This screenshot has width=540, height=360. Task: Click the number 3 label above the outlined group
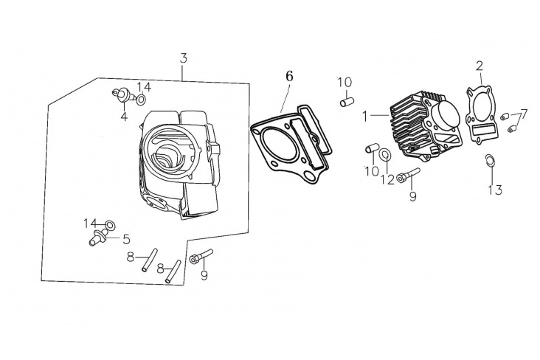point(184,58)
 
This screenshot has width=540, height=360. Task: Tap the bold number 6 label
point(289,76)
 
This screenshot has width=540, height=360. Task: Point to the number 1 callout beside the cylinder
point(365,117)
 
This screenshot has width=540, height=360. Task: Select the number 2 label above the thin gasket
point(480,66)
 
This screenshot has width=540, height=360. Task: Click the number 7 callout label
point(524,114)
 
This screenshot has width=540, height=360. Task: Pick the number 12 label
point(387,179)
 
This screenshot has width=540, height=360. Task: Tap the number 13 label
point(495,190)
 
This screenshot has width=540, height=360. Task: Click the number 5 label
point(126,239)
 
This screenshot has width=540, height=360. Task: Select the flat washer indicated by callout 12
point(384,155)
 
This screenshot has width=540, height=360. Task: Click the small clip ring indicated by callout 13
point(489,160)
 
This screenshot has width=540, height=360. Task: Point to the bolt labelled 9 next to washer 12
point(409,175)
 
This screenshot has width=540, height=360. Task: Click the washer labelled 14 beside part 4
point(141,99)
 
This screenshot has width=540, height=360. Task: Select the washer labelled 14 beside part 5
point(110,226)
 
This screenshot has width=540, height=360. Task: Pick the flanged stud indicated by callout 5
point(97,238)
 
